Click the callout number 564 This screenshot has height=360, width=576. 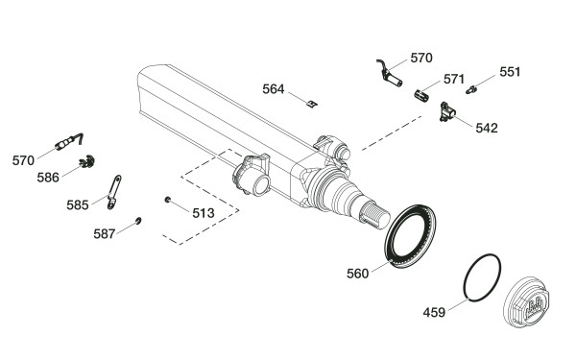(x=274, y=89)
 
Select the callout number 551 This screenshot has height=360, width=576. (x=510, y=72)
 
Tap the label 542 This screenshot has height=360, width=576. (x=487, y=129)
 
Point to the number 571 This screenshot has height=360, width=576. (x=454, y=79)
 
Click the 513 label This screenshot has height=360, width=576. (x=204, y=213)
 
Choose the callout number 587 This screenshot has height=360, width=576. (x=105, y=234)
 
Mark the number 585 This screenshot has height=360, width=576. (x=78, y=205)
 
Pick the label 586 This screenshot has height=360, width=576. (x=48, y=178)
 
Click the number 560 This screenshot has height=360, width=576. (x=357, y=274)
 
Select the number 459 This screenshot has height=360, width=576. (x=434, y=313)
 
